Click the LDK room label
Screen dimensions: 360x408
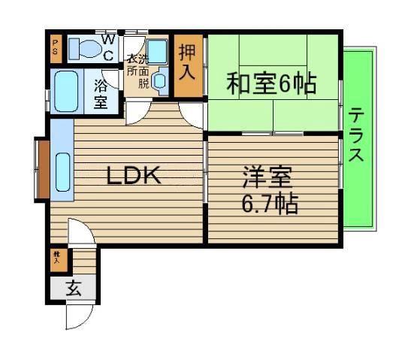132,176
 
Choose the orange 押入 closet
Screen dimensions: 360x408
188,65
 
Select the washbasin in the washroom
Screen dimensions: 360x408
160,82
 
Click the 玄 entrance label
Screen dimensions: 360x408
73,288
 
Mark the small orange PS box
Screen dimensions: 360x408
55,49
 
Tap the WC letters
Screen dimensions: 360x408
109,47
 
